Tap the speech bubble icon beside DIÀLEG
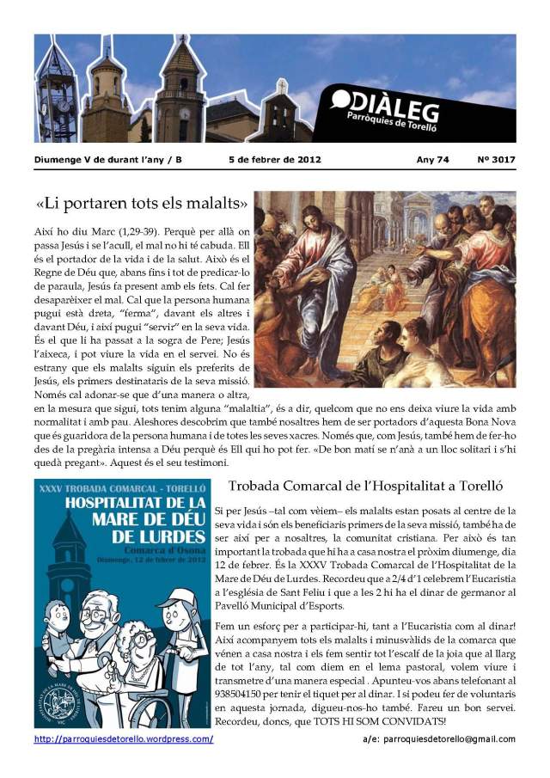340,100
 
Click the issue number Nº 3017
496,159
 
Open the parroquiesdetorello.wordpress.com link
124,738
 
